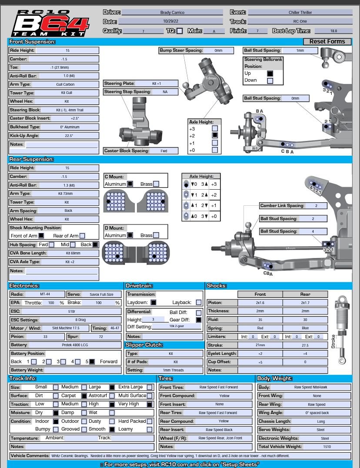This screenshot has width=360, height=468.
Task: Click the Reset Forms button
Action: pos(327,42)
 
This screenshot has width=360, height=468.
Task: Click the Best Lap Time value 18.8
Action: pos(333,31)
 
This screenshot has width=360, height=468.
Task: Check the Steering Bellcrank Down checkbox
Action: pos(270,80)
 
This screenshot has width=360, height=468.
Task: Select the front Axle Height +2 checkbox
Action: pos(215,135)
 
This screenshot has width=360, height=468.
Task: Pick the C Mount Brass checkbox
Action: pos(156,184)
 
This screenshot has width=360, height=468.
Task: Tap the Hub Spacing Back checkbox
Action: pos(95,245)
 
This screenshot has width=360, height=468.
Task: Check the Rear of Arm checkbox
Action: pos(82,236)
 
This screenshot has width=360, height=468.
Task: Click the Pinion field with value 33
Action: pos(45,337)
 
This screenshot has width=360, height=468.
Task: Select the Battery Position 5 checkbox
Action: pos(92,361)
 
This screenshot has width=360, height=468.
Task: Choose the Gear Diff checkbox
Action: pos(199,320)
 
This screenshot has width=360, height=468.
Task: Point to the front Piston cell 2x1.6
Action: pos(260,303)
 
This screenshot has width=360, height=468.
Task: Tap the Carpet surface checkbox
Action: pos(84,396)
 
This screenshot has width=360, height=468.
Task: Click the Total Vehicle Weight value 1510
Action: pos(327,447)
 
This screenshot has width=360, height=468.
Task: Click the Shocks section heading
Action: pos(217,286)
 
